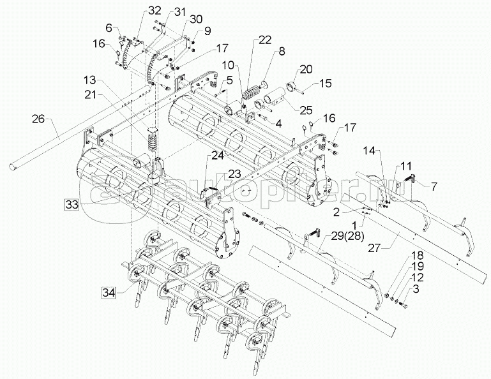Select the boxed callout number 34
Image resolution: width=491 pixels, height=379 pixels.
[x=109, y=293]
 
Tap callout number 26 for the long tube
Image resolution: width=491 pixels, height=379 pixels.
[x=39, y=119]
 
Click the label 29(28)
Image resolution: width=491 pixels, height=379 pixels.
[x=344, y=236]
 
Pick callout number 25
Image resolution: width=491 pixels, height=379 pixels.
[x=305, y=110]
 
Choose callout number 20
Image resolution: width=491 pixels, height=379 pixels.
[x=306, y=69]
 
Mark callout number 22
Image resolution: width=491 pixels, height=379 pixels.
[x=265, y=40]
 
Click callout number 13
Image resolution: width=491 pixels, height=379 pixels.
[x=91, y=80]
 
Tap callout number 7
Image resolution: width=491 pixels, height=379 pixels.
[x=434, y=186]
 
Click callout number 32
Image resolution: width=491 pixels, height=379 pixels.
[x=155, y=11]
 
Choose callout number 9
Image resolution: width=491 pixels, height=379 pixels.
[x=208, y=31]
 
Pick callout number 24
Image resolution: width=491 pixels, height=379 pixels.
[x=217, y=155]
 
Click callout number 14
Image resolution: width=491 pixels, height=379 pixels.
[x=370, y=151]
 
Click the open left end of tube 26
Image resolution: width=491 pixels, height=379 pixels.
[x=13, y=167]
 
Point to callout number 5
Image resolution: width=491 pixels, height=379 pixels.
[x=229, y=80]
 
